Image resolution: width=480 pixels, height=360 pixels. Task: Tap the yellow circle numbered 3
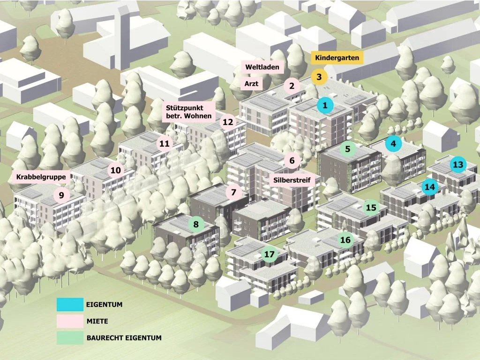point(319,77)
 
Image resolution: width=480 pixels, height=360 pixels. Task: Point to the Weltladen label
point(262,67)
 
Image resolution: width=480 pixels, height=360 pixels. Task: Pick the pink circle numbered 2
point(292,86)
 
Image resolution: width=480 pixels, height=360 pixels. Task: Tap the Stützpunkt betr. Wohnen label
point(188,112)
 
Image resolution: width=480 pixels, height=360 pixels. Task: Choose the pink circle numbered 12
point(228,122)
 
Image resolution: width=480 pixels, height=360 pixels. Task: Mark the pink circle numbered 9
point(61,195)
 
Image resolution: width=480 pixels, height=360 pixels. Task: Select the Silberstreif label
point(292,180)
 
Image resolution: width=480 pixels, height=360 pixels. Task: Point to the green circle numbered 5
point(347,150)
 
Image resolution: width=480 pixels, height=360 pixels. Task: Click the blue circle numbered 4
point(393,144)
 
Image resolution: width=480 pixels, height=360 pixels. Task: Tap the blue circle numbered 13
point(458,165)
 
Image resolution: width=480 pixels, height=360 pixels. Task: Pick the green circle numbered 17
point(269,255)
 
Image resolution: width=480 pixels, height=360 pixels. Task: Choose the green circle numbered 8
point(196,225)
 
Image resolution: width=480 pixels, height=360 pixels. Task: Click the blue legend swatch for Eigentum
point(70,305)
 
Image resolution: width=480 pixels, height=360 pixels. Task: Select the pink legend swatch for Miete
point(70,322)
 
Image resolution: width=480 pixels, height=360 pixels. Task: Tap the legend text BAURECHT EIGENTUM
point(124,337)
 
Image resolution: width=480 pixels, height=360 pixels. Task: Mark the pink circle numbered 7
point(233,192)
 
